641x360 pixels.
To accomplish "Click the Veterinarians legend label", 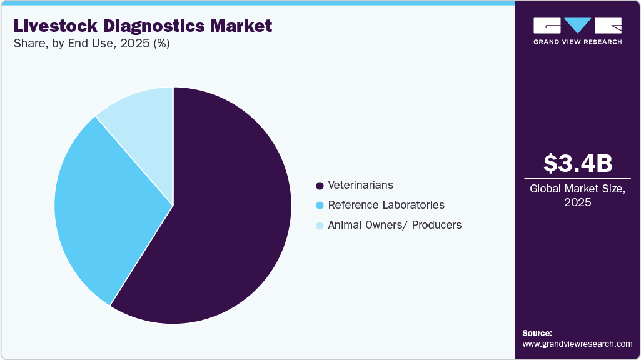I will (x=361, y=185).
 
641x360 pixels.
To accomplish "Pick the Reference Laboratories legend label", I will (x=386, y=205).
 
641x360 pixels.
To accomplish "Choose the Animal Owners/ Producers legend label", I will (x=395, y=225).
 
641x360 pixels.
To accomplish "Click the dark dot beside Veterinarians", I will (x=320, y=186).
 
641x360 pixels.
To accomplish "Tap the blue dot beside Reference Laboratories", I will (x=320, y=206).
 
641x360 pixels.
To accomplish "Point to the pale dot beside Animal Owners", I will (x=320, y=226).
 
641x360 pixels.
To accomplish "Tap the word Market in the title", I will (x=243, y=26).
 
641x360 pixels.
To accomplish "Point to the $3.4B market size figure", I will (x=577, y=163).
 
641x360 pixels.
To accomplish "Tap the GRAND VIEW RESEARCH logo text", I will (x=577, y=42).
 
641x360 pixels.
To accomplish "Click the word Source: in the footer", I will (x=537, y=333).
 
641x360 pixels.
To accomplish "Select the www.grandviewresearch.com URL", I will (x=577, y=344).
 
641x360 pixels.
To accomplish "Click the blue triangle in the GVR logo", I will (x=578, y=25).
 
